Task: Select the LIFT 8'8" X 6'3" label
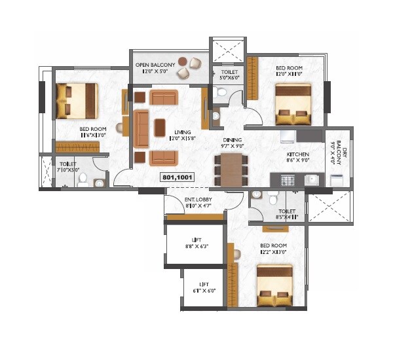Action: (196, 243)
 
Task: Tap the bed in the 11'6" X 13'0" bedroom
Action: (77, 99)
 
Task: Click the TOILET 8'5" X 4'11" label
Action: (288, 214)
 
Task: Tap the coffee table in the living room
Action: (159, 127)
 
